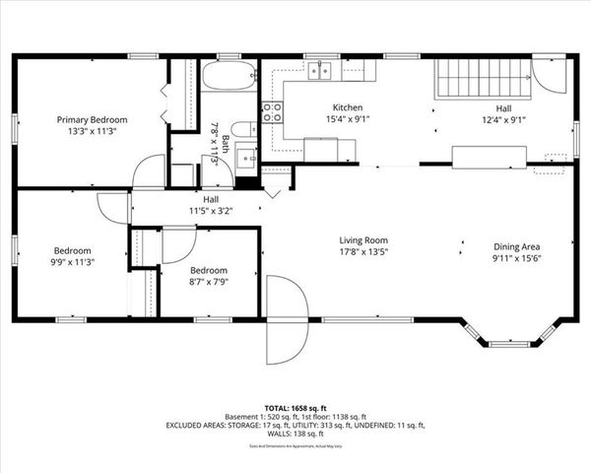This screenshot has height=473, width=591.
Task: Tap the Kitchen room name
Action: click(348, 107)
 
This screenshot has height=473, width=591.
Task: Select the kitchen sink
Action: click(317, 70)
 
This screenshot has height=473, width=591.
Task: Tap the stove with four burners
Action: click(272, 112)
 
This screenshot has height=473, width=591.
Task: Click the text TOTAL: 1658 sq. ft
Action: click(295, 406)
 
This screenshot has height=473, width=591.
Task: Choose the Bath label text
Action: click(225, 140)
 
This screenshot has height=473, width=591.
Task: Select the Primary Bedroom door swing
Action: click(149, 170)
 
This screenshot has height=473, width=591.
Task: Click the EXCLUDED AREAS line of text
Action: click(295, 426)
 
